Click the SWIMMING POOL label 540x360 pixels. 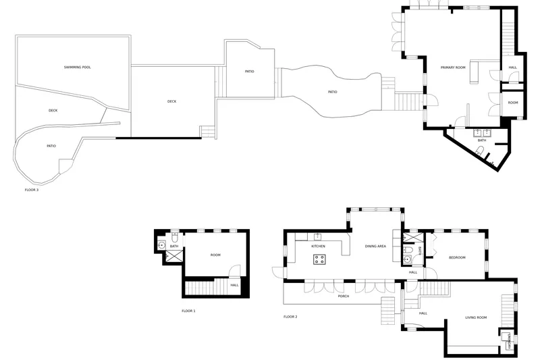pos(77,67)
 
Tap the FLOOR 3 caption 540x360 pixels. pos(31,190)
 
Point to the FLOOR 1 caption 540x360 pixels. pos(188,311)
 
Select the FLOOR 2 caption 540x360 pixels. pos(290,317)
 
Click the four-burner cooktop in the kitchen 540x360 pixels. pos(319,259)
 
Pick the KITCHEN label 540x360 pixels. pos(318,247)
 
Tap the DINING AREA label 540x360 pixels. pos(375,247)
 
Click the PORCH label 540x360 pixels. pos(344,296)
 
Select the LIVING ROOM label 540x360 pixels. pos(476,317)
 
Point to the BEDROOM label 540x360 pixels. pos(457,257)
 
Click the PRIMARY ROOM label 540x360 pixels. pos(453,68)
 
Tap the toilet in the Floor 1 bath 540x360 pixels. pos(175,237)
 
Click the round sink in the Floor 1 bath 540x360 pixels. pos(161,246)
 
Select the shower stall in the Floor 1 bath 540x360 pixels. pos(174,256)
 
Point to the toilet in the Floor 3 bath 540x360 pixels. pos(480,151)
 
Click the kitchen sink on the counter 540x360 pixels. pos(317,236)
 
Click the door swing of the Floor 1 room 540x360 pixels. pos(235,271)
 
